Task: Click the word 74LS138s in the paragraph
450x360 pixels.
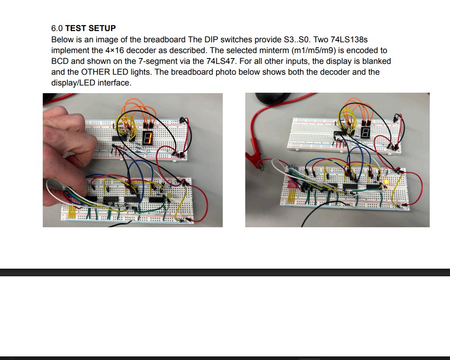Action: [x=349, y=40]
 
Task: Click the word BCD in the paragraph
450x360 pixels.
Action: [x=60, y=61]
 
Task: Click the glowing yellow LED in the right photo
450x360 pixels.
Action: [x=386, y=182]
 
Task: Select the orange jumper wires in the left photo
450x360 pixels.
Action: [x=139, y=108]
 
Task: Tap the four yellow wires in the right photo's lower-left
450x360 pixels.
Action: [x=292, y=197]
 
